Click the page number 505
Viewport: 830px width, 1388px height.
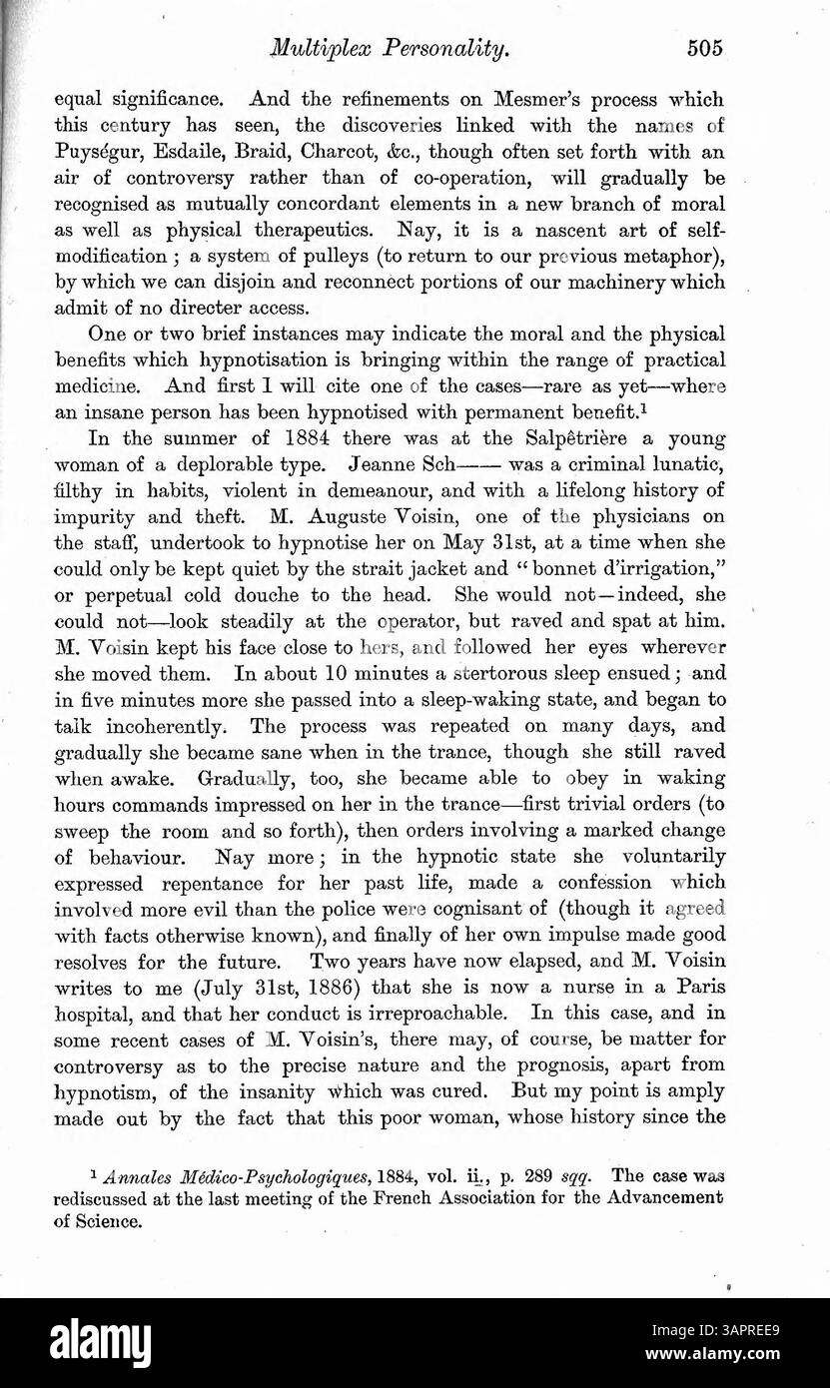coord(703,47)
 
